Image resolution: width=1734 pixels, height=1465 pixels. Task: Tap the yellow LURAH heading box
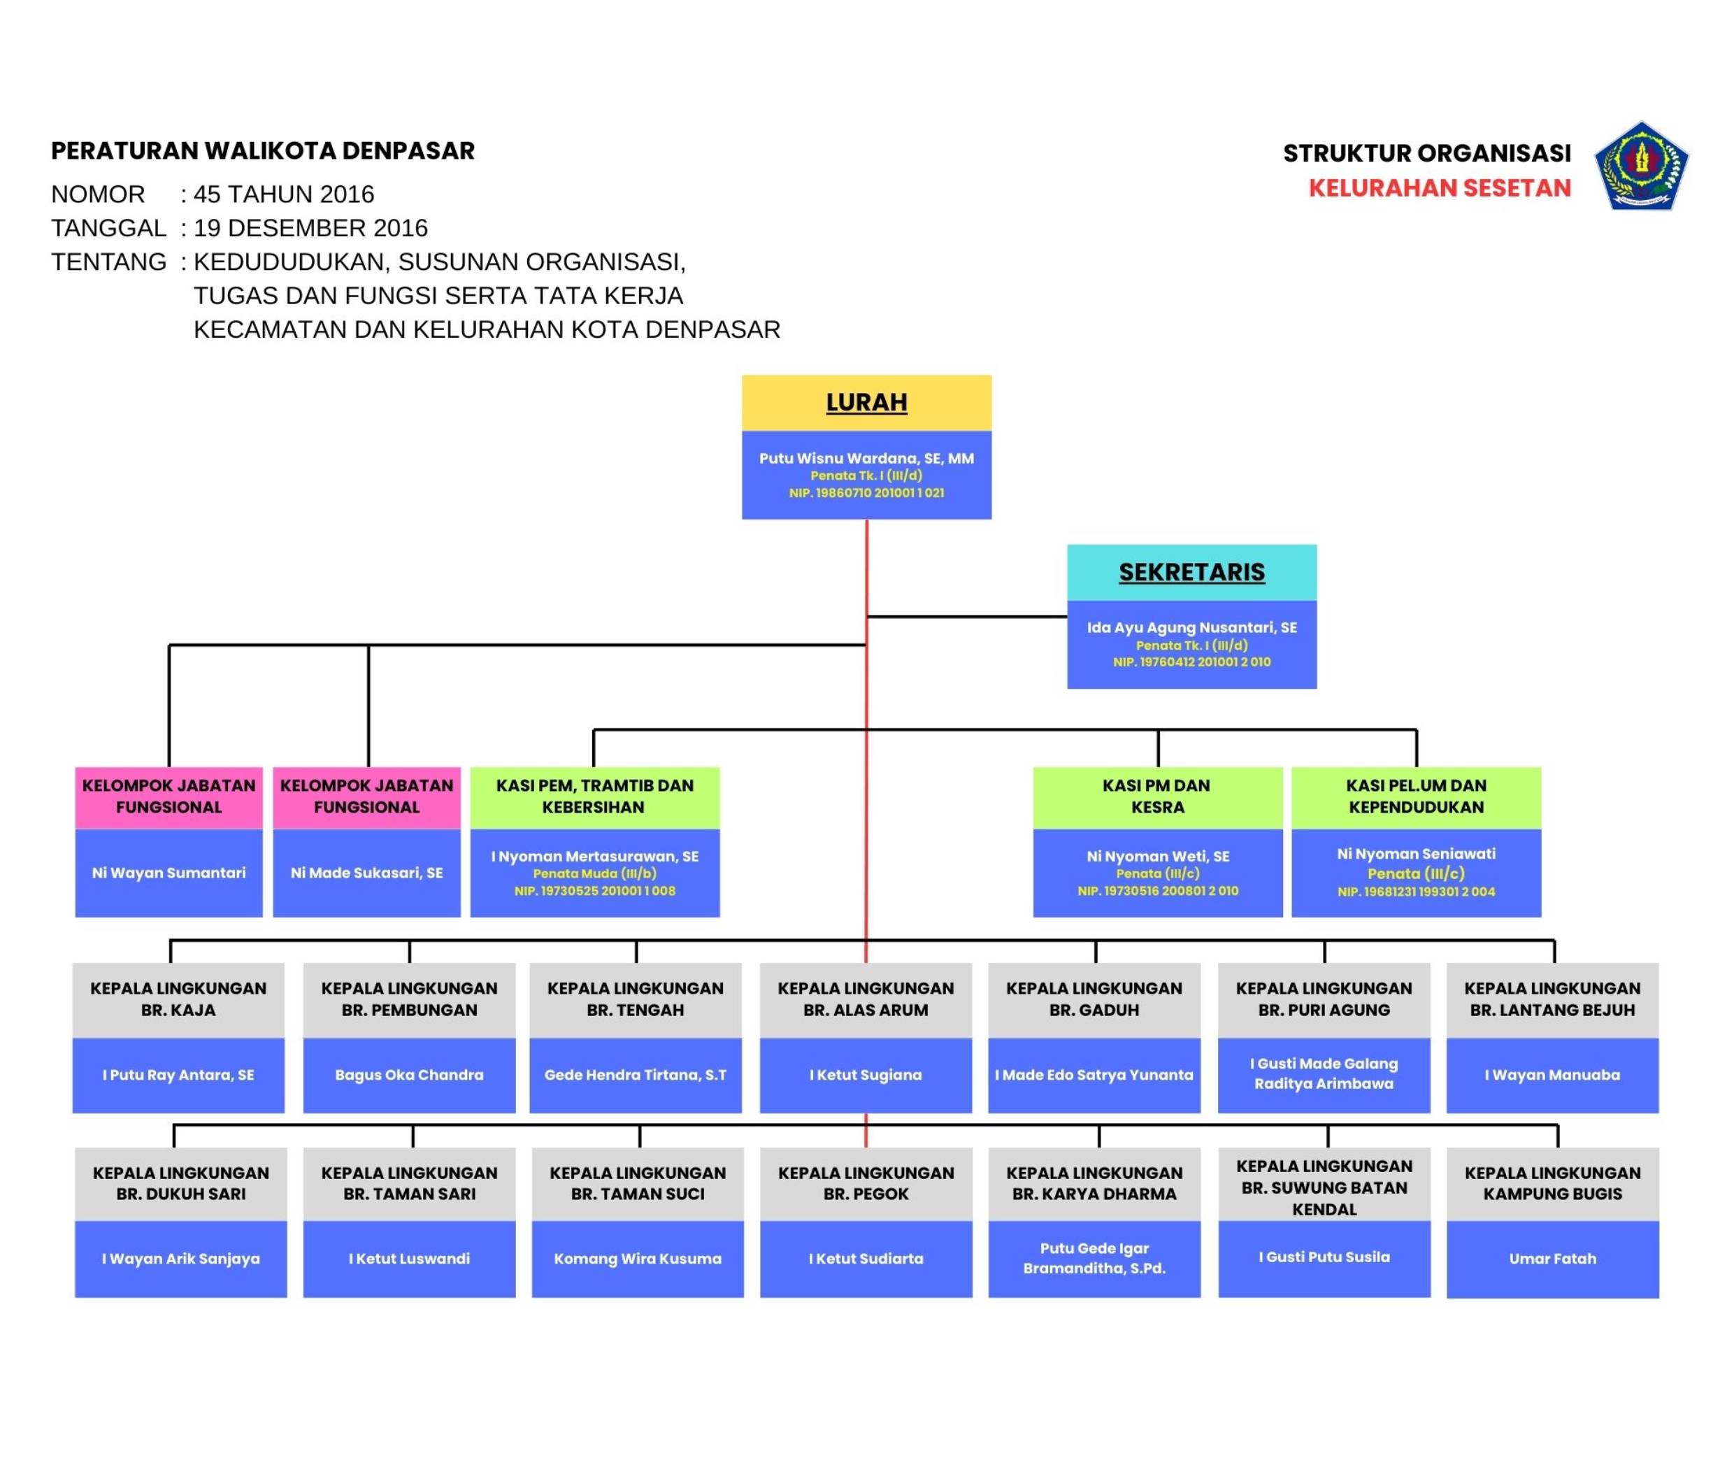coord(866,403)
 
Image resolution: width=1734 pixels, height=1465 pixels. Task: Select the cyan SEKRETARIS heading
coord(1191,572)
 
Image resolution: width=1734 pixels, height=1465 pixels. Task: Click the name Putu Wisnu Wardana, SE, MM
coord(866,457)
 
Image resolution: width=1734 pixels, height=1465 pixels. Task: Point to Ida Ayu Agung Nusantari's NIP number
coord(1191,662)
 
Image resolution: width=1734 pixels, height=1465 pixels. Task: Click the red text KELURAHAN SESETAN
coord(1439,189)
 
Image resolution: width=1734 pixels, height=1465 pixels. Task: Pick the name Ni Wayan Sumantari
coord(169,873)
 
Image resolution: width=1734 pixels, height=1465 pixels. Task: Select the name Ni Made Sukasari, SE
coord(366,873)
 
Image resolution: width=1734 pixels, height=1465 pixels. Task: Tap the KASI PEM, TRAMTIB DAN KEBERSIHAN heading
coord(594,796)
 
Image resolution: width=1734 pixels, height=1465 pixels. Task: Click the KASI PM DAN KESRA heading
coord(1158,796)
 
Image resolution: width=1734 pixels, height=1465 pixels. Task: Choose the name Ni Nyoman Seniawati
coord(1416,854)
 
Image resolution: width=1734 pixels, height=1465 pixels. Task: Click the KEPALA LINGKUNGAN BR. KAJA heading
coord(178,999)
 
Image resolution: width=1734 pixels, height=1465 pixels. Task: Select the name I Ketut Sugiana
coord(866,1075)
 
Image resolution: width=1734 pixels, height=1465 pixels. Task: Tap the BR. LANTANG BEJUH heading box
coord(1552,1000)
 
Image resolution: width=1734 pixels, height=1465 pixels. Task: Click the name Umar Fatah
coord(1552,1259)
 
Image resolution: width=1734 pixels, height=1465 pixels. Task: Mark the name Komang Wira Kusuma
coord(637,1259)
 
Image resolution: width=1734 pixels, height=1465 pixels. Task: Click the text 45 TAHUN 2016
coord(284,194)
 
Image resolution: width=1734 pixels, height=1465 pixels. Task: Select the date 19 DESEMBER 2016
coord(310,229)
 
